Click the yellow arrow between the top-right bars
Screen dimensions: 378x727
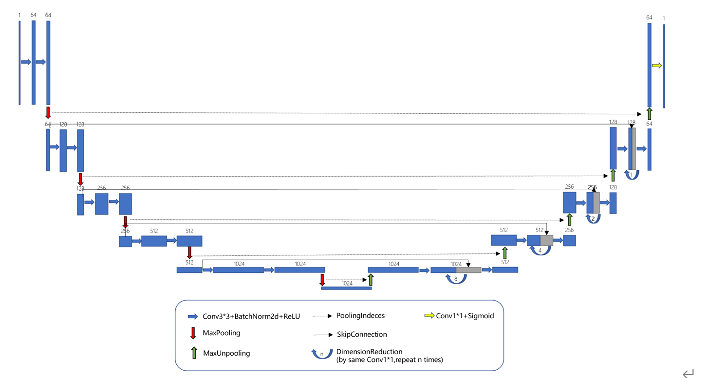657,66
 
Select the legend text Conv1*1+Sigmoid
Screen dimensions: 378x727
465,316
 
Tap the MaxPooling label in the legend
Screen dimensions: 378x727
221,333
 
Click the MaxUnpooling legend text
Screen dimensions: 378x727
226,353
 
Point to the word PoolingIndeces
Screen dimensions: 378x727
360,316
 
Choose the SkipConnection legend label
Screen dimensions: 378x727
361,334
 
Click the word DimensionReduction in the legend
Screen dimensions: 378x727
369,352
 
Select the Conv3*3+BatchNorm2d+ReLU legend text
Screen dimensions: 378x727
251,316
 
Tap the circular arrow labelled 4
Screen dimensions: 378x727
540,250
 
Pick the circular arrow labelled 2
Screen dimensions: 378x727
593,219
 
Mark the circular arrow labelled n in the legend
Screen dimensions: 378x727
322,354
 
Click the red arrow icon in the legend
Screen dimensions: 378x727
193,334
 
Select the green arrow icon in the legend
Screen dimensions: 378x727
194,353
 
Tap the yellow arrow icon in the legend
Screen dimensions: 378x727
429,316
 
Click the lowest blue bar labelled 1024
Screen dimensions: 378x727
346,288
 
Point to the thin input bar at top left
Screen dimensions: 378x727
19,62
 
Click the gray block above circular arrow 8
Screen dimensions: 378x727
468,270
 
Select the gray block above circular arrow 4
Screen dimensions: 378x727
547,240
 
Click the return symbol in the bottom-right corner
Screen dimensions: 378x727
688,373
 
